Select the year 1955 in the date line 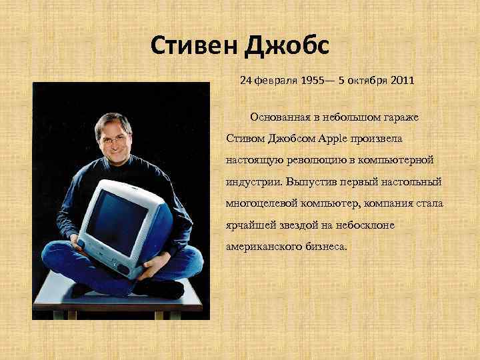click(x=314, y=81)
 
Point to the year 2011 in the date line click(x=401, y=81)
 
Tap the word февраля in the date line click(x=275, y=81)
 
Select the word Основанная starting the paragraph click(x=279, y=117)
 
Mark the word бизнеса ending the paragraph click(x=325, y=246)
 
